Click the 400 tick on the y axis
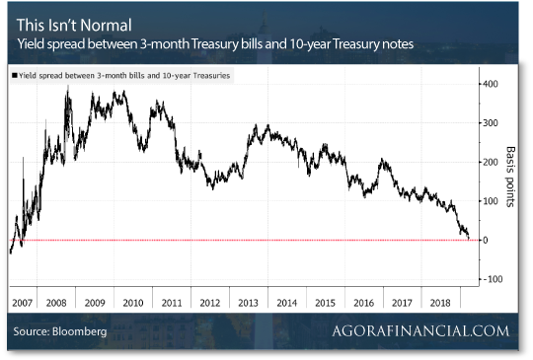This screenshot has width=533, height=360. pyautogui.click(x=491, y=83)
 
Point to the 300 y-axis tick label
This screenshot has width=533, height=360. pyautogui.click(x=491, y=122)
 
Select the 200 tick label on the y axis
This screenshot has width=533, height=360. pyautogui.click(x=491, y=162)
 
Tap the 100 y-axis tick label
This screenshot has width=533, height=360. pyautogui.click(x=491, y=201)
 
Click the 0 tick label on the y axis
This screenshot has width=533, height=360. pyautogui.click(x=484, y=240)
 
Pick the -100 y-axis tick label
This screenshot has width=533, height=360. pyautogui.click(x=492, y=279)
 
